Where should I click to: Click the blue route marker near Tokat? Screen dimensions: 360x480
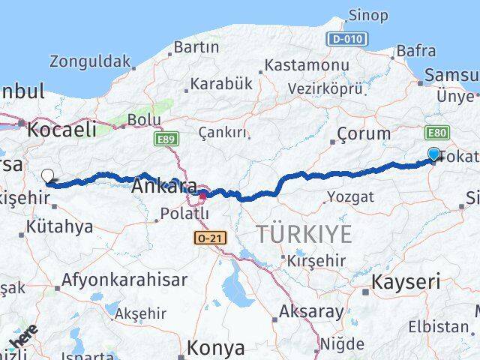point(433,154)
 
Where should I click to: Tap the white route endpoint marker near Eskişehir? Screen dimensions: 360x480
point(48,176)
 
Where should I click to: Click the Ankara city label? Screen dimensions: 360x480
point(164,187)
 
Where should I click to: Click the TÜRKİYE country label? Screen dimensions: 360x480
point(303,234)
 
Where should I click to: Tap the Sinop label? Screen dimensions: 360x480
point(368,15)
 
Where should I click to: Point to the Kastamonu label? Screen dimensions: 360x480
point(307,65)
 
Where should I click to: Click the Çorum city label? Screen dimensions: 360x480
point(363,133)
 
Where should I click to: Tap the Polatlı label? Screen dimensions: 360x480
point(183,214)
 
